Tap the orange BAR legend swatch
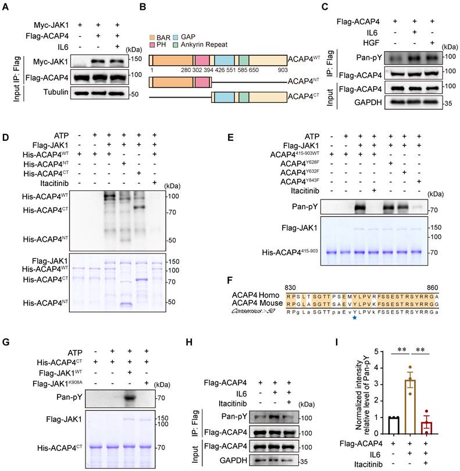(153, 36)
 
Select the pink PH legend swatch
(153, 45)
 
